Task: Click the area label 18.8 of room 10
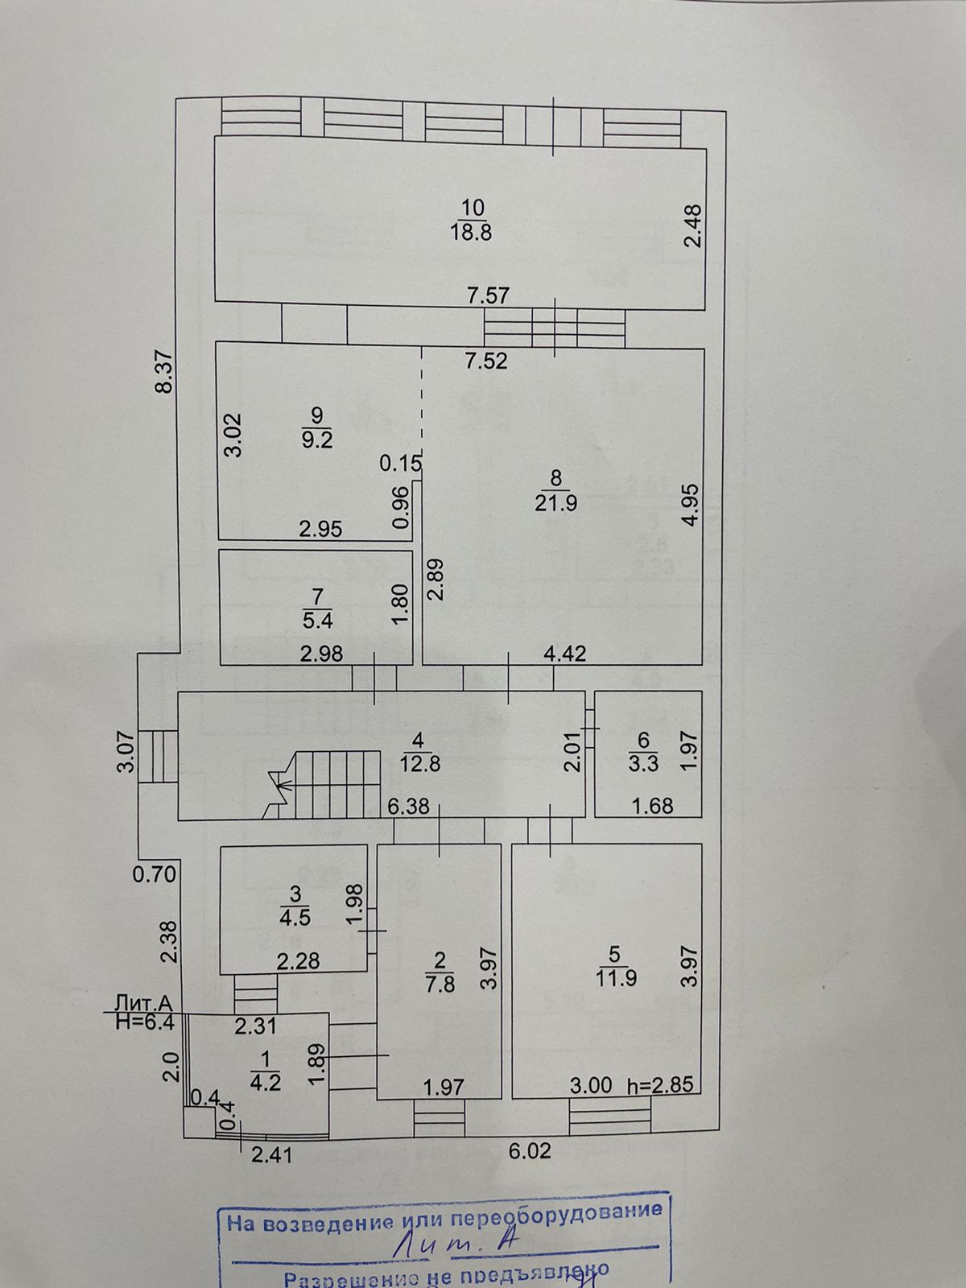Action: pyautogui.click(x=472, y=233)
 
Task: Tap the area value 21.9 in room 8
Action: pyautogui.click(x=555, y=503)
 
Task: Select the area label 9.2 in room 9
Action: pyautogui.click(x=316, y=440)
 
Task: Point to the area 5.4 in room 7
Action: pyautogui.click(x=316, y=621)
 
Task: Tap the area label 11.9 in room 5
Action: pyautogui.click(x=615, y=980)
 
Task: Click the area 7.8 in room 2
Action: pyautogui.click(x=440, y=984)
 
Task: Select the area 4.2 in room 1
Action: pyautogui.click(x=266, y=1082)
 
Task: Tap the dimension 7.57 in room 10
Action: pyautogui.click(x=489, y=295)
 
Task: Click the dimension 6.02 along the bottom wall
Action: pyautogui.click(x=530, y=1152)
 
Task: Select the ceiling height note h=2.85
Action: pyautogui.click(x=660, y=1085)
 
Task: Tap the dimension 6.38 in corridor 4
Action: pyautogui.click(x=408, y=806)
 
